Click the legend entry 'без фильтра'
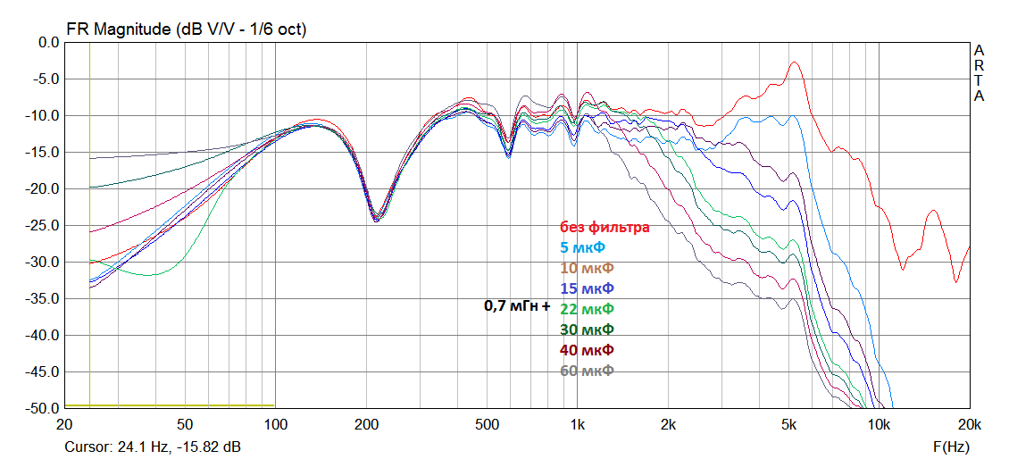tap(605, 227)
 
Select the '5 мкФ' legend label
tap(587, 247)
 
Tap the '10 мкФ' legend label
tap(587, 268)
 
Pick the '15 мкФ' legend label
tap(587, 288)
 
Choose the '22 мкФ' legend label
tap(587, 309)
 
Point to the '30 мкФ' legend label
tap(587, 330)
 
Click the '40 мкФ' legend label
tap(587, 350)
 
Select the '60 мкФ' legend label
tap(587, 371)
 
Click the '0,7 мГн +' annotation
tap(518, 306)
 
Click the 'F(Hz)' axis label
tap(951, 444)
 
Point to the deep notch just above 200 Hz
tap(377, 219)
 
